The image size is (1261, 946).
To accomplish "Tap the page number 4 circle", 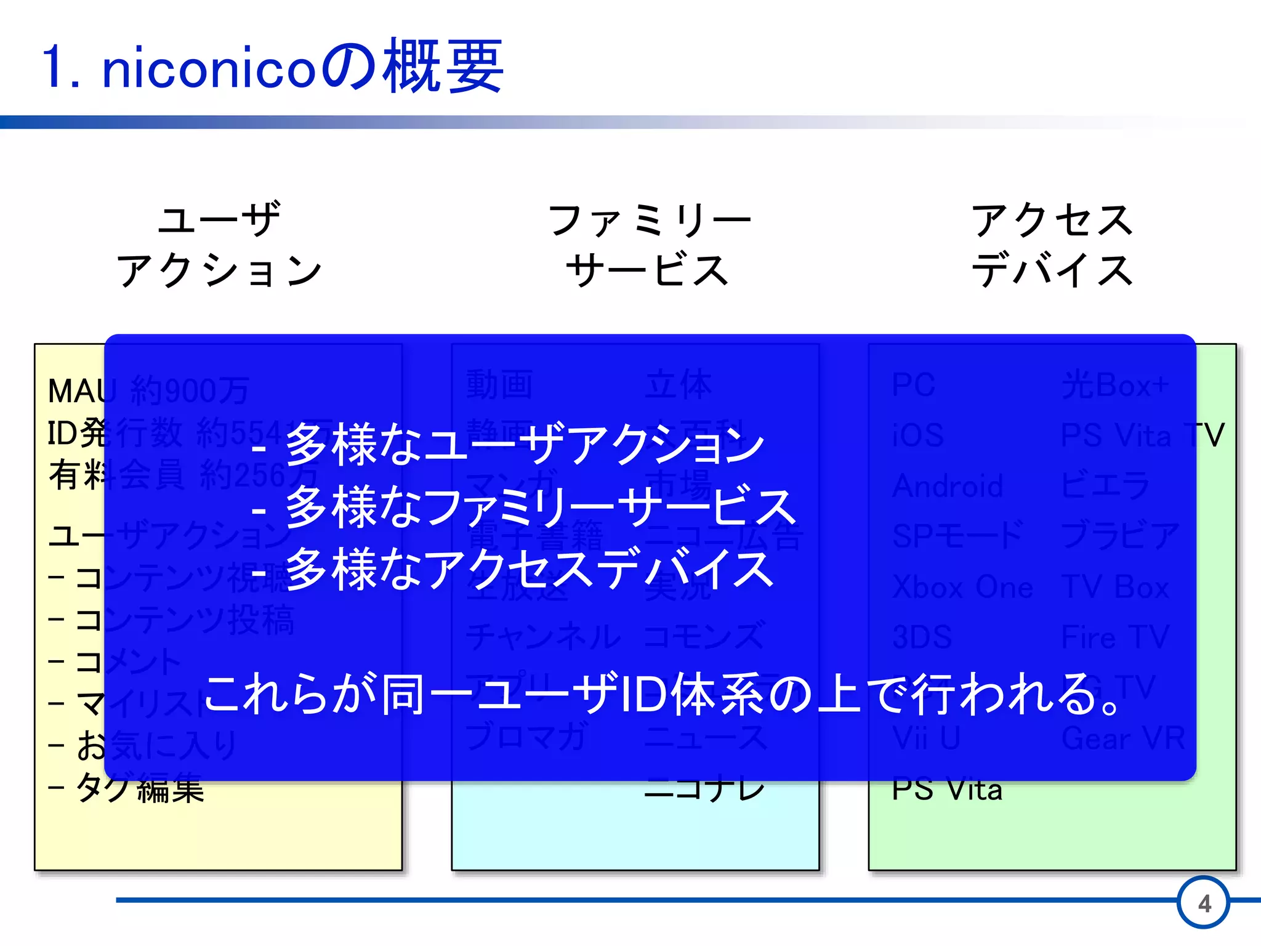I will coord(1204,903).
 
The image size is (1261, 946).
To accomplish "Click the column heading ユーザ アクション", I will coord(219,244).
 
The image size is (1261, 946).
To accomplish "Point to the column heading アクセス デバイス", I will coord(1052,244).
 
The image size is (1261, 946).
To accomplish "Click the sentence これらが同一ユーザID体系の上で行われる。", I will coord(662,695).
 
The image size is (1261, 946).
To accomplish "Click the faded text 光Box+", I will coord(1114,386).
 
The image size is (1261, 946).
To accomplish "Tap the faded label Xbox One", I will coord(962,587).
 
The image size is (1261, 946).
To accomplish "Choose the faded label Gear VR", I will coord(1123,738).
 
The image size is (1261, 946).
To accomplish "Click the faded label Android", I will coord(948,486).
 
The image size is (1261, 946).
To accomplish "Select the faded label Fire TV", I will coord(1115,637).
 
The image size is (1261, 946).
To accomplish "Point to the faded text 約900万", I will coord(190,390).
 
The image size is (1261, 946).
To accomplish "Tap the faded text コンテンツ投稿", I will coord(185,620).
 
